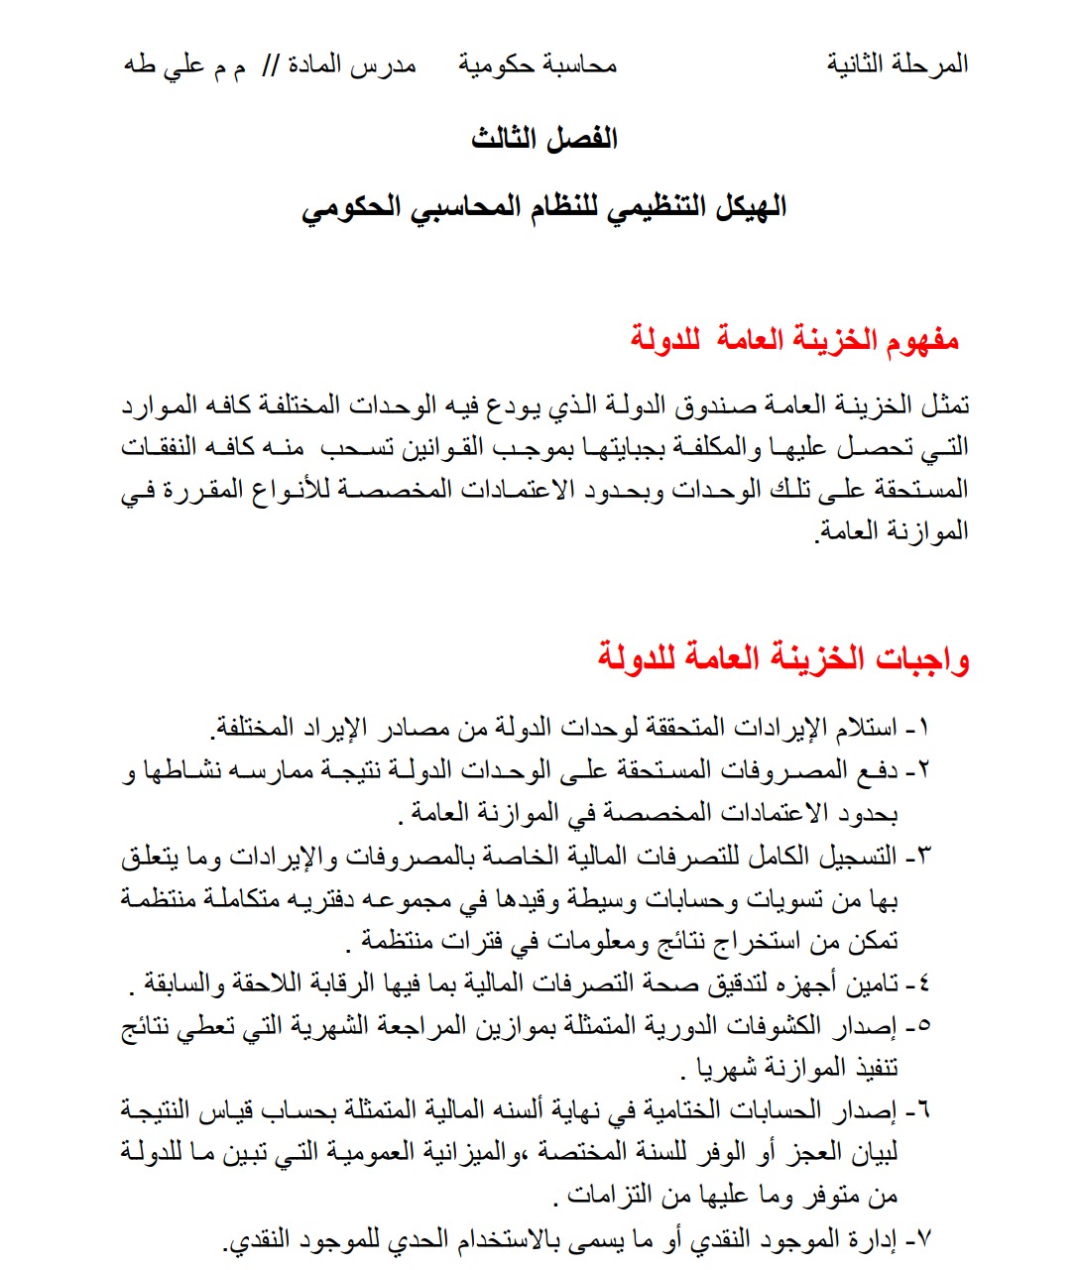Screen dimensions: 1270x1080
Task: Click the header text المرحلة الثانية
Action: tap(898, 65)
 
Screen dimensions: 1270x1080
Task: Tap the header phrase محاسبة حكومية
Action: tap(538, 65)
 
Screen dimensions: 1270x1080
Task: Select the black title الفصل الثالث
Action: tap(544, 138)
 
